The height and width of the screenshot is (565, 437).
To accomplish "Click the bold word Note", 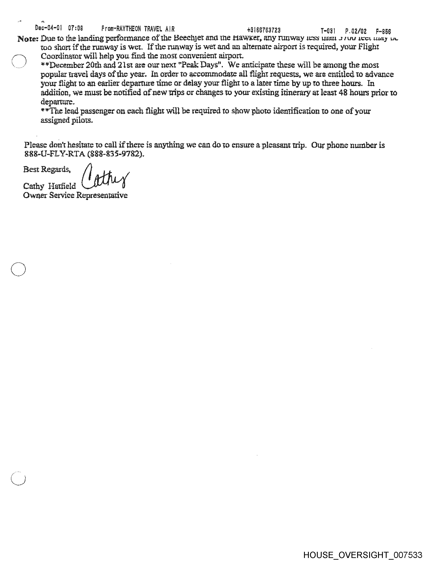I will (28, 39).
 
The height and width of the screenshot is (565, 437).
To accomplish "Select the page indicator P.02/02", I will (356, 31).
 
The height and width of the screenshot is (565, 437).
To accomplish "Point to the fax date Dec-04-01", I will (48, 28).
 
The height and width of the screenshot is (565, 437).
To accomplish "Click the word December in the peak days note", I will (66, 65).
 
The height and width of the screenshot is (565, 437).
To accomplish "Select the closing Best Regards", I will (47, 169).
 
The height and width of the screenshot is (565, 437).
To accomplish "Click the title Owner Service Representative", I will (75, 195).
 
